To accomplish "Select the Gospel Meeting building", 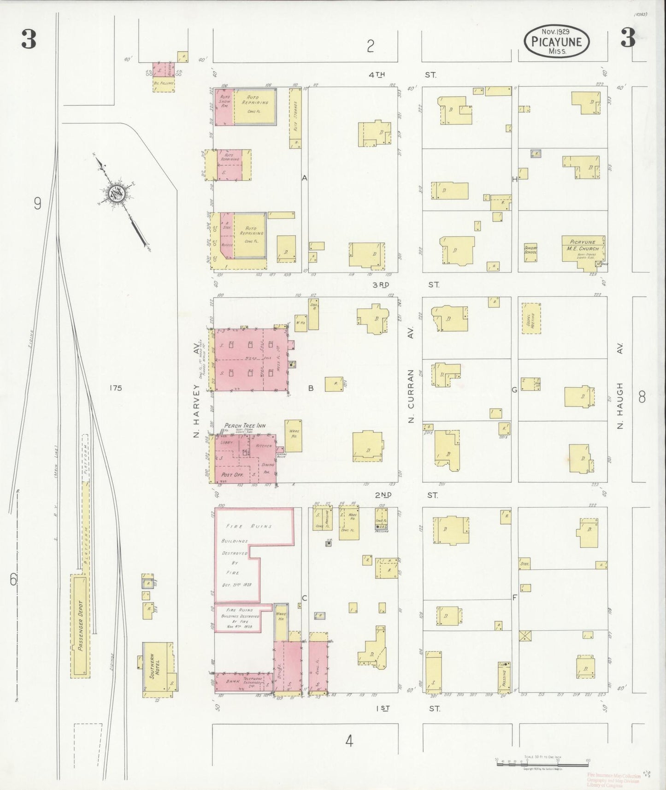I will pyautogui.click(x=530, y=318).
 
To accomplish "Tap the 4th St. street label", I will pyautogui.click(x=403, y=75).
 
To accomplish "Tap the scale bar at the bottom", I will pyautogui.click(x=542, y=762).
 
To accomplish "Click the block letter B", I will pyautogui.click(x=311, y=388).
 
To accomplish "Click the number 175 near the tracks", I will pyautogui.click(x=116, y=388).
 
